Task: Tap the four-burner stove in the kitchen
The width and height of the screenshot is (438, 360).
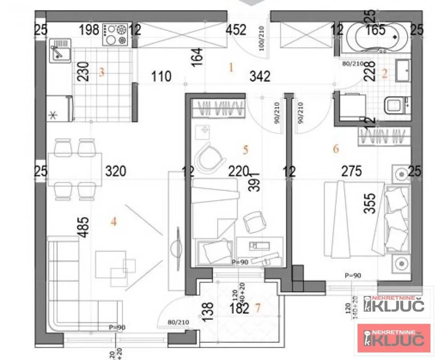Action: tap(115, 34)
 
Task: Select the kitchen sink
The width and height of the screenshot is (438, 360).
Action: tap(59, 51)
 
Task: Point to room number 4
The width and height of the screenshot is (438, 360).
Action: tap(114, 221)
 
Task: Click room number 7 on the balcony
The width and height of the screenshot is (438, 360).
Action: tap(258, 308)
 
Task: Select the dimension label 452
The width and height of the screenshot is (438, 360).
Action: tap(237, 30)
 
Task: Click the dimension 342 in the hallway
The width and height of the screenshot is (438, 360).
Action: tap(260, 76)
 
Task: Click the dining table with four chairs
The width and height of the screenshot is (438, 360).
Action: tap(74, 169)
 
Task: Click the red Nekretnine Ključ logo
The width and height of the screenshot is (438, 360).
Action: tap(394, 338)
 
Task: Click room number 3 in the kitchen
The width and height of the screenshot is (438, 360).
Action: tap(102, 72)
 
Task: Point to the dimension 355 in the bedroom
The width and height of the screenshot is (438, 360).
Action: tap(372, 203)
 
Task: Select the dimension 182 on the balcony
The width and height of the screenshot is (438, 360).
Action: tap(240, 308)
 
